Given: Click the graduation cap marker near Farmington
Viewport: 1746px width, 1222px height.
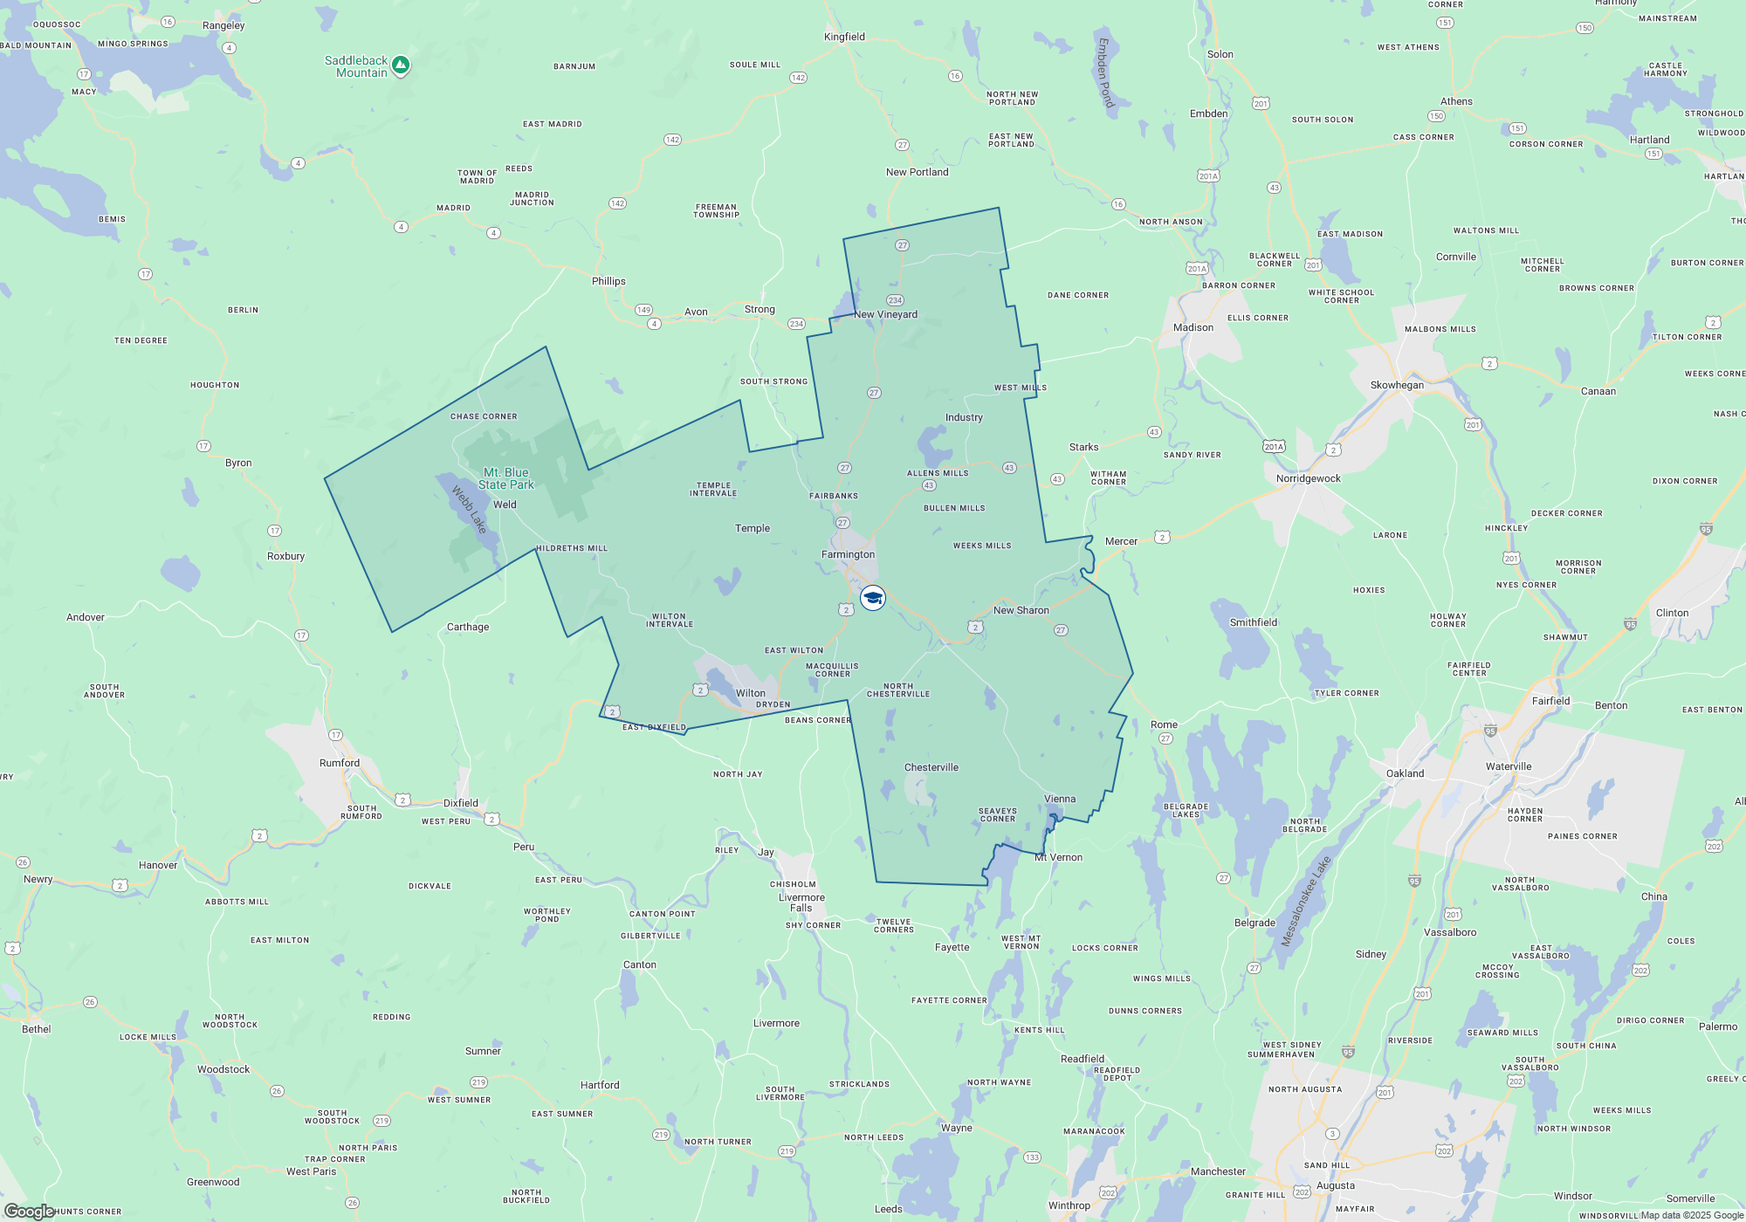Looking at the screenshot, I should point(873,598).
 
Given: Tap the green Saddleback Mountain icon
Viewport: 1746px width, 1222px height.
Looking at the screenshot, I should point(401,65).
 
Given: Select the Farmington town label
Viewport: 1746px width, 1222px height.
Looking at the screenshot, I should point(848,554).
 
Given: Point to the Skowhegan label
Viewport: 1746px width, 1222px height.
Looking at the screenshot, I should point(1397,385).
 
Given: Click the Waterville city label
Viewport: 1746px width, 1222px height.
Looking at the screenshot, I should point(1509,766).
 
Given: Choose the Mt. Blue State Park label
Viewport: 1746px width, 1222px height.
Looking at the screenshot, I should point(505,478).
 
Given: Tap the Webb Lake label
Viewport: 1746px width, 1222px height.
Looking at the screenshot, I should point(469,510).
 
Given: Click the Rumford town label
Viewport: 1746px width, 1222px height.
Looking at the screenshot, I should point(340,763).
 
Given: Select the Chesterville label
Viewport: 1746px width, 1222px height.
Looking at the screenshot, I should point(931,767).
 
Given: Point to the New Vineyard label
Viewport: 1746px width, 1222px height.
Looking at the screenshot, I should point(885,314).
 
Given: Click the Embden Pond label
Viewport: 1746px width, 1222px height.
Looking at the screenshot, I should point(1105,72).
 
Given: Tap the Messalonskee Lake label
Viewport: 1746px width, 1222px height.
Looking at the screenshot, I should point(1305,901).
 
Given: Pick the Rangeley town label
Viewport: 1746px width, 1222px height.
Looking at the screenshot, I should point(223,25).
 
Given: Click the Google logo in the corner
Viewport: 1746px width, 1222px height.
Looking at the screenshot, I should point(30,1211).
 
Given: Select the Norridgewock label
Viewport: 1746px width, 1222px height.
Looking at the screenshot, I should point(1308,478).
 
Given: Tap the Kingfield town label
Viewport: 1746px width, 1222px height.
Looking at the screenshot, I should point(844,37).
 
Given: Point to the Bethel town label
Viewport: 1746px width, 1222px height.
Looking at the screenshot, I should point(37,1029).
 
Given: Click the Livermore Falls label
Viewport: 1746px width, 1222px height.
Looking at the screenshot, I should point(801,903).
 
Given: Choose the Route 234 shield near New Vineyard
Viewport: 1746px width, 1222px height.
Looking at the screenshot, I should point(895,300).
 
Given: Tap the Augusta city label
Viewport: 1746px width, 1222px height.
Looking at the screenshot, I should point(1336,1185).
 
